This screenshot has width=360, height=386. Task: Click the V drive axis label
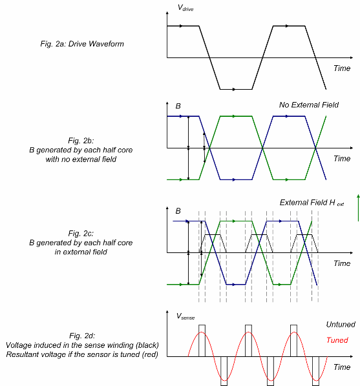(185, 8)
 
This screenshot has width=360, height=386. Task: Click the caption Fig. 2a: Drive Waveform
(82, 44)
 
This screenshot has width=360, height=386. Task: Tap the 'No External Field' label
(309, 105)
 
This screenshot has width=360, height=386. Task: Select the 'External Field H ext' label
(312, 203)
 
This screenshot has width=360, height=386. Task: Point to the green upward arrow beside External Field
(358, 208)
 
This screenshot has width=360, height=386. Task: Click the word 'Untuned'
(341, 325)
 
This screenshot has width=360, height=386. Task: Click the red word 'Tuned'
(337, 340)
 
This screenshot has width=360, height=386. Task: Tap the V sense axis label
(185, 316)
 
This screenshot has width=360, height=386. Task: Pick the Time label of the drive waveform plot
(342, 68)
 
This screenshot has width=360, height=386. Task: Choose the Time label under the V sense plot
(342, 367)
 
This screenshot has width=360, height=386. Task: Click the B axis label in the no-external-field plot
(178, 106)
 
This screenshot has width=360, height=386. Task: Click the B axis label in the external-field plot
(178, 211)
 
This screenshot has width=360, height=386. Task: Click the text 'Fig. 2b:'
(81, 141)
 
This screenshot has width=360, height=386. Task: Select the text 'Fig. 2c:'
(81, 234)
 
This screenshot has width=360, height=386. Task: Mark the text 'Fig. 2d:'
(82, 336)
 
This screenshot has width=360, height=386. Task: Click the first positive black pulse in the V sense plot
(202, 341)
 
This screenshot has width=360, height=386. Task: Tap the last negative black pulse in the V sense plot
(315, 371)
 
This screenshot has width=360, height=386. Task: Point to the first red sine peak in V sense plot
(202, 332)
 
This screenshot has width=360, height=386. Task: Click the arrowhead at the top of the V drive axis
(167, 13)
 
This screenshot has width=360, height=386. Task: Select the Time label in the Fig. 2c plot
(342, 263)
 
